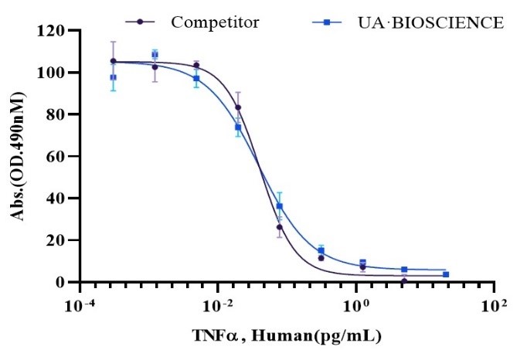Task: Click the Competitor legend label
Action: pyautogui.click(x=215, y=22)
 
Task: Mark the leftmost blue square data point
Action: pyautogui.click(x=114, y=77)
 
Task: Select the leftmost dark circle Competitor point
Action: pyautogui.click(x=114, y=61)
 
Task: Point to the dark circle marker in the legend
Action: pyautogui.click(x=140, y=22)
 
